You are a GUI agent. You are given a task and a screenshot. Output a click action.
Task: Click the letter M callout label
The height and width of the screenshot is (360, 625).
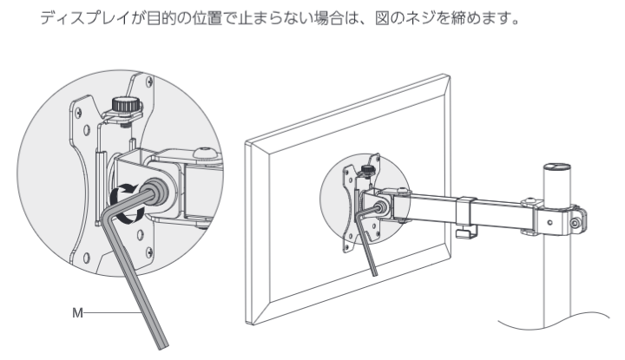tap(77, 313)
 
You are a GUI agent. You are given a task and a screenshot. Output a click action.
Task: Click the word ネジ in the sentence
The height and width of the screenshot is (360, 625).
tap(420, 18)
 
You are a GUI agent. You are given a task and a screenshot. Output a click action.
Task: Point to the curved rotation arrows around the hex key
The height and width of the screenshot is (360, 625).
tap(127, 203)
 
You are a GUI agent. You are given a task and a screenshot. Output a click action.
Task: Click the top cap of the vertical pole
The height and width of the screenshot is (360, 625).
tap(557, 167)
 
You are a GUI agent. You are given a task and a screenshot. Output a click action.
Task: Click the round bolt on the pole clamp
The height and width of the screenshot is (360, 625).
tap(575, 223)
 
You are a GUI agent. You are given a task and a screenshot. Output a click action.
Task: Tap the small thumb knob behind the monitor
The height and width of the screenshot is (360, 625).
tap(367, 170)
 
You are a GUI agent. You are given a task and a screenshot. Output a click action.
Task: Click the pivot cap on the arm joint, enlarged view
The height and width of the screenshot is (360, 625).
tap(205, 154)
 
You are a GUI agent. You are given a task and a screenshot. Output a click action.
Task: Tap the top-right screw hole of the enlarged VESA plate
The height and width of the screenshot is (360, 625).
tap(149, 82)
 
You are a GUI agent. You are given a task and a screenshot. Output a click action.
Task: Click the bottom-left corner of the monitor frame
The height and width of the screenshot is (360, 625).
tap(252, 324)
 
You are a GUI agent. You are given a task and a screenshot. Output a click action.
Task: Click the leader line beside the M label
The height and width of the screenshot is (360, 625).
tap(113, 313)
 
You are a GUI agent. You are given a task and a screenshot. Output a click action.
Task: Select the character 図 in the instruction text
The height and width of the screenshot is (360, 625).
tap(382, 18)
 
